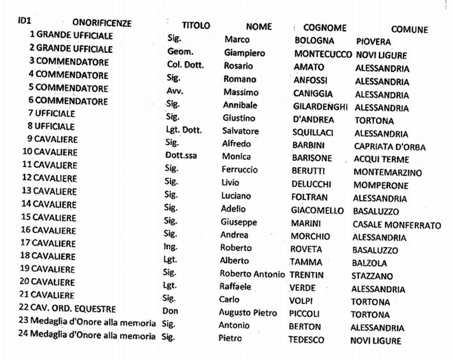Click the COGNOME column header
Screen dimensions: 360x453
click(x=325, y=28)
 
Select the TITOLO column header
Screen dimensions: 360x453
click(x=196, y=26)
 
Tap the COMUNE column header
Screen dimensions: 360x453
click(x=410, y=30)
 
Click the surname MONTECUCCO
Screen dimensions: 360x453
click(x=323, y=54)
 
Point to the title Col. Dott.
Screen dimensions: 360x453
click(x=185, y=65)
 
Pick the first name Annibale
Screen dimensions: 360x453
click(x=240, y=105)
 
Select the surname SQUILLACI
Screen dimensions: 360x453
click(x=313, y=132)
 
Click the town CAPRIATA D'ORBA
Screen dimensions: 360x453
click(x=390, y=147)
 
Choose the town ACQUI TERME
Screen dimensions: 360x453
click(x=381, y=159)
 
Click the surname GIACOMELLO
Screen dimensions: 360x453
click(x=317, y=211)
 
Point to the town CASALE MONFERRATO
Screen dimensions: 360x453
click(x=396, y=225)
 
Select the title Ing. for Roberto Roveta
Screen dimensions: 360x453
click(x=170, y=247)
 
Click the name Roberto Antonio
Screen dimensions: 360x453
click(x=252, y=274)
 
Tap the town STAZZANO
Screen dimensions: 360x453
click(x=372, y=276)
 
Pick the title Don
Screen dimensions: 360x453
click(x=170, y=311)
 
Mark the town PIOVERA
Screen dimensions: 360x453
click(x=373, y=42)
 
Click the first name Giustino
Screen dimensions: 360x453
click(x=239, y=118)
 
